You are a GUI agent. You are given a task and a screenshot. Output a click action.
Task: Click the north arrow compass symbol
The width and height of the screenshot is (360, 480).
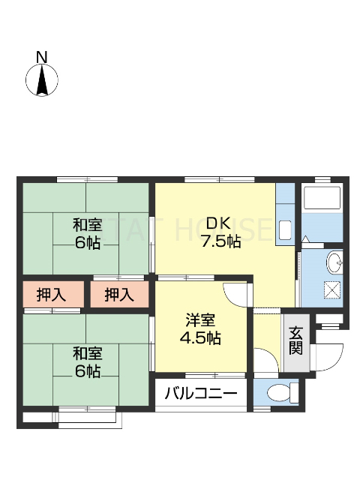click(x=43, y=79)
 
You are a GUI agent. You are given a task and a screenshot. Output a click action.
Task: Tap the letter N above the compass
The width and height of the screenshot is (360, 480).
click(x=42, y=56)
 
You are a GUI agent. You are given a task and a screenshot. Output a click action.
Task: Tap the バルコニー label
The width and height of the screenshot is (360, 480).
click(x=200, y=392)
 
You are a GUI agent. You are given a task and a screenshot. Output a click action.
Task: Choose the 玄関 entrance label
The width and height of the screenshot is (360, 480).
click(x=296, y=340)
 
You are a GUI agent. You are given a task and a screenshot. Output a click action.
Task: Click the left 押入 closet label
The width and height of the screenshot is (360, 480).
click(x=51, y=294)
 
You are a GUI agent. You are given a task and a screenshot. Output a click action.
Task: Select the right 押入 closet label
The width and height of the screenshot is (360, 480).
click(x=120, y=294)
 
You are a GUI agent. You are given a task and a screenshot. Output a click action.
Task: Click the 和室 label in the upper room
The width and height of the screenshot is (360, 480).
click(x=87, y=224)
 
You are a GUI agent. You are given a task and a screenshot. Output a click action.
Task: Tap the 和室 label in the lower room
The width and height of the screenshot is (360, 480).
click(x=87, y=353)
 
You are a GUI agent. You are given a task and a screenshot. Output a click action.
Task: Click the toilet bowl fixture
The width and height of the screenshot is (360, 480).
click(x=278, y=391)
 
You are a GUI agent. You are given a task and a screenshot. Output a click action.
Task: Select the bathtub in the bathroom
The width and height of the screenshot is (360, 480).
click(x=322, y=199)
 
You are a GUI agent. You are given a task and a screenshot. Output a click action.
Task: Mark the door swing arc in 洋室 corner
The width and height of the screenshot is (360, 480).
click(x=235, y=292)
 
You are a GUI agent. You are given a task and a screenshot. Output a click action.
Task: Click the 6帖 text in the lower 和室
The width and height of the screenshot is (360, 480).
click(x=87, y=371)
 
